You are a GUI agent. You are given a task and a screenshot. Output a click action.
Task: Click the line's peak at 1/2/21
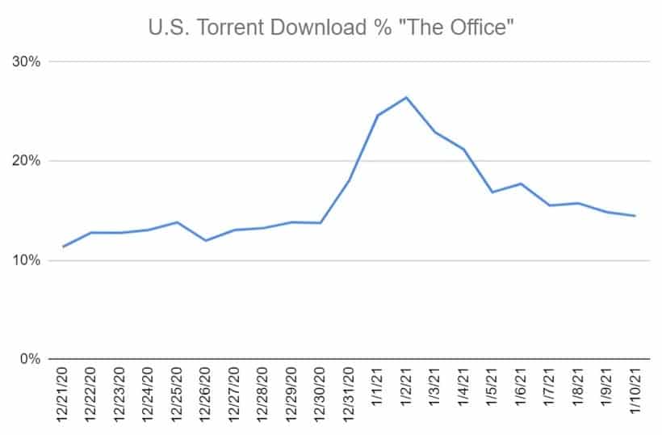pyautogui.click(x=406, y=98)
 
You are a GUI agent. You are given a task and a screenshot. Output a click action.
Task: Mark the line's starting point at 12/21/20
pyautogui.click(x=63, y=247)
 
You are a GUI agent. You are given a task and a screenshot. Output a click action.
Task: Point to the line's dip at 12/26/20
pyautogui.click(x=206, y=240)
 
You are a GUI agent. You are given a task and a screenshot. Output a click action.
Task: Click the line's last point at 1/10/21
pyautogui.click(x=635, y=216)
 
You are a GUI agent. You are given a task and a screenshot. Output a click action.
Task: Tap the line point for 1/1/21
pyautogui.click(x=378, y=116)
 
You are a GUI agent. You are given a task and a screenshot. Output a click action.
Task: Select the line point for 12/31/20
pyautogui.click(x=349, y=180)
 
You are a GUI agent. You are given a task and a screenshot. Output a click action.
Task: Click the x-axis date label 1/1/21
pyautogui.click(x=377, y=389)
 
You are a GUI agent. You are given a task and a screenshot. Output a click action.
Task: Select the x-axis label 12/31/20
pyautogui.click(x=349, y=394)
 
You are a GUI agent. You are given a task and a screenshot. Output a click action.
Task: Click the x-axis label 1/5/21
pyautogui.click(x=492, y=389)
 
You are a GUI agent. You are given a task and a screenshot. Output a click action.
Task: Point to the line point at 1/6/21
pyautogui.click(x=521, y=184)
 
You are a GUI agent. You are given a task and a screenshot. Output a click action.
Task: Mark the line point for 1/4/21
pyautogui.click(x=463, y=150)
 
